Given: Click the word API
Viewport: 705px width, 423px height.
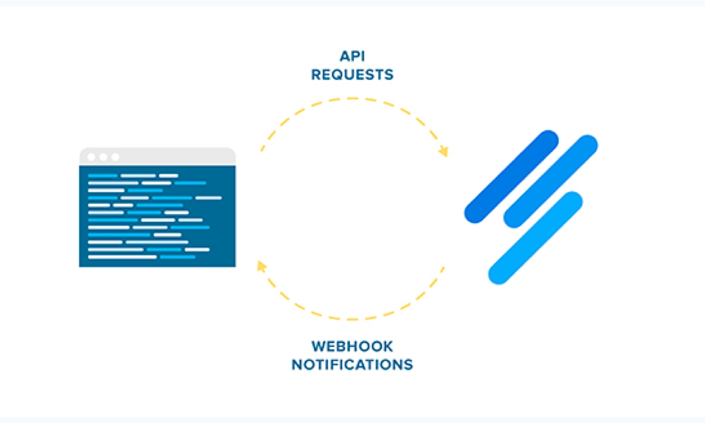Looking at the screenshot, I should click(352, 57).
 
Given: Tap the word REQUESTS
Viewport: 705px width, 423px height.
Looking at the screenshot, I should click(352, 75).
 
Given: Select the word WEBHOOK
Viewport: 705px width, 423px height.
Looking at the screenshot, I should click(352, 347).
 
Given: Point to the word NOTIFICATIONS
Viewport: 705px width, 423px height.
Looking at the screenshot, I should click(352, 365).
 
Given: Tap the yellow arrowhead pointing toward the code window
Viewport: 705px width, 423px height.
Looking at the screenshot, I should click(261, 265).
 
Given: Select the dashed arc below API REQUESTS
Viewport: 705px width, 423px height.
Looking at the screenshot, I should click(352, 98).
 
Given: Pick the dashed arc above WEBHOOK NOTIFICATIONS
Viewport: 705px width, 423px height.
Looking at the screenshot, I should click(352, 318).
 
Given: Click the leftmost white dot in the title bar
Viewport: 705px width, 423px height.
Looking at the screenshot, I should click(91, 157).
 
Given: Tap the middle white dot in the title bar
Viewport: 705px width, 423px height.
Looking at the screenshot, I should click(103, 157).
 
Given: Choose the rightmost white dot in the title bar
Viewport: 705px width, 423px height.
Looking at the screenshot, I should click(115, 157).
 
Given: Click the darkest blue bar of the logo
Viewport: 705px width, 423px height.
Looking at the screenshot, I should click(511, 176).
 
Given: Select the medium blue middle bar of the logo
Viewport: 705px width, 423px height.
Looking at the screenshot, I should click(550, 181).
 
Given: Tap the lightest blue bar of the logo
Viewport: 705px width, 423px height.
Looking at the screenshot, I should click(535, 237).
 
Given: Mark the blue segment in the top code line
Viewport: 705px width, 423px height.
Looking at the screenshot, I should click(103, 176).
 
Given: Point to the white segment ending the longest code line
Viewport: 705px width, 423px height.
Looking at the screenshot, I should click(209, 198).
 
